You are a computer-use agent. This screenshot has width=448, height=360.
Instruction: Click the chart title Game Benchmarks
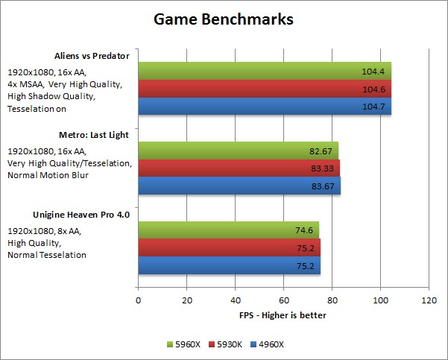(224, 19)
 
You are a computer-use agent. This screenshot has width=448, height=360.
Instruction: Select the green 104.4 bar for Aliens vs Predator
(264, 70)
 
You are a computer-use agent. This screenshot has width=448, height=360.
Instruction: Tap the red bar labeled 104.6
(264, 88)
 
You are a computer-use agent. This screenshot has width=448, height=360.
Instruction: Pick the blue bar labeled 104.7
(264, 106)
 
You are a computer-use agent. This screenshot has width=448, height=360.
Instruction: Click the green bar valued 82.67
(238, 150)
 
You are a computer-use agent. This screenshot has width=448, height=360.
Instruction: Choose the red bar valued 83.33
(239, 168)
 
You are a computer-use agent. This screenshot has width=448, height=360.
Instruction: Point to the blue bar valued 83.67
(239, 186)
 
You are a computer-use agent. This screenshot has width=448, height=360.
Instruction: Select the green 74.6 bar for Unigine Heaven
(228, 230)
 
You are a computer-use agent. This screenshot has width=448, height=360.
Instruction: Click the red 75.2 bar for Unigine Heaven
(229, 248)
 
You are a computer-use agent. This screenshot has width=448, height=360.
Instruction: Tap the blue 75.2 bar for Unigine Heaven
(229, 266)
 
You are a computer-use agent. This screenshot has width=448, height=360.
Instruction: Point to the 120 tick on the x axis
(429, 301)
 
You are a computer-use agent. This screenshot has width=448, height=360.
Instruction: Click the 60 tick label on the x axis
(283, 301)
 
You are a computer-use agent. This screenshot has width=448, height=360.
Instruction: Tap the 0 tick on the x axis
(138, 301)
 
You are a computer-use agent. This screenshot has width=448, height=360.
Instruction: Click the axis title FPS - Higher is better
(283, 315)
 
